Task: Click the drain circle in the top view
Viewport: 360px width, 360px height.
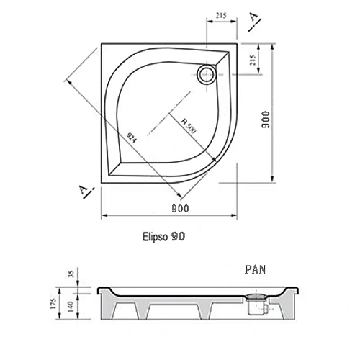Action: pos(207,73)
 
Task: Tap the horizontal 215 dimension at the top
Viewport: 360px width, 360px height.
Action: pos(222,16)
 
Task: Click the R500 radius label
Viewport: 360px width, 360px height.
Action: pos(189,127)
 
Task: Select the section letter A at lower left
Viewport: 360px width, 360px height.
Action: pos(84,191)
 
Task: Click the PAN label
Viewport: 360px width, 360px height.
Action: pos(255,271)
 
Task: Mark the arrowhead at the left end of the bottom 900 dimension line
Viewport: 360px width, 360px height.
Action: pos(102,215)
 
